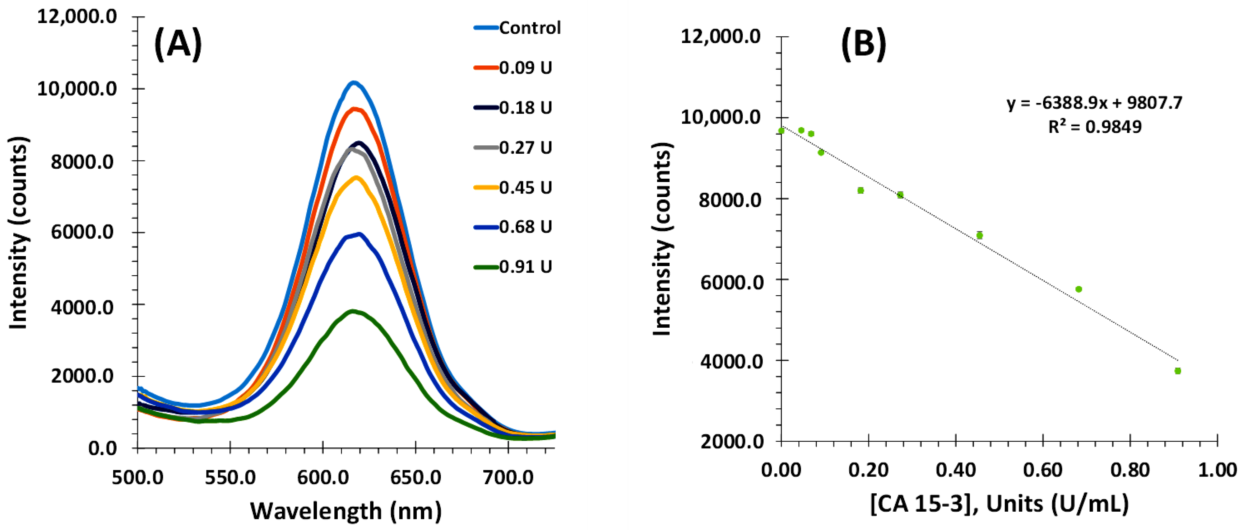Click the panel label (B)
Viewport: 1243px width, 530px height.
[863, 44]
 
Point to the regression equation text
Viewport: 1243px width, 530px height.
[1094, 103]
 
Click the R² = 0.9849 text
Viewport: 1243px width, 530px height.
[1094, 127]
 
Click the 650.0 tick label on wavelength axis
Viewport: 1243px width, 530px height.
[415, 477]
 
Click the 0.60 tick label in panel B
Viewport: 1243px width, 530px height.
[1043, 470]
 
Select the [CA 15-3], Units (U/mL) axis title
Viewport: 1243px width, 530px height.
[999, 504]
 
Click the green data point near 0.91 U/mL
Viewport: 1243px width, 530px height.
[1177, 371]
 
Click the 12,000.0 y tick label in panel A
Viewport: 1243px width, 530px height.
[77, 17]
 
